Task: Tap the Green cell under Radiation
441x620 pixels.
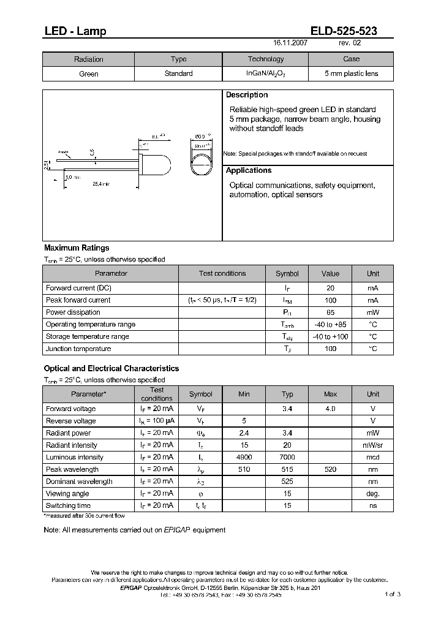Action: [x=88, y=74]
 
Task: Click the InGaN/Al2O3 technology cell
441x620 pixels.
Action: [x=265, y=74]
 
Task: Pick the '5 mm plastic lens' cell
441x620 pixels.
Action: [x=351, y=74]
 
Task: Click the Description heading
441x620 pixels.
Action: [x=247, y=95]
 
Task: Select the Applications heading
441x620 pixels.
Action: [x=249, y=170]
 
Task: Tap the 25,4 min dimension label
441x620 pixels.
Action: [x=101, y=183]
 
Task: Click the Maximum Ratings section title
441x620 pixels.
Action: [x=77, y=248]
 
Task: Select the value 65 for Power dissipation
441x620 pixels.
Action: [x=330, y=312]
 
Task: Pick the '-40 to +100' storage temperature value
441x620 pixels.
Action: [x=330, y=336]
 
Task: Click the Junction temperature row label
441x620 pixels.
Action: [x=78, y=349]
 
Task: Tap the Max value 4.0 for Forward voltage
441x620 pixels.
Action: [x=330, y=409]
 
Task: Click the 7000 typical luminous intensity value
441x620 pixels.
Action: [x=287, y=457]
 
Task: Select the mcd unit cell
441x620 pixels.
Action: [x=372, y=457]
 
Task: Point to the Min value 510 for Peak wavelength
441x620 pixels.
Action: [x=244, y=469]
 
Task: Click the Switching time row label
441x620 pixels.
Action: [x=68, y=505]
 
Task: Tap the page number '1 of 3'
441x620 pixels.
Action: [x=392, y=594]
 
